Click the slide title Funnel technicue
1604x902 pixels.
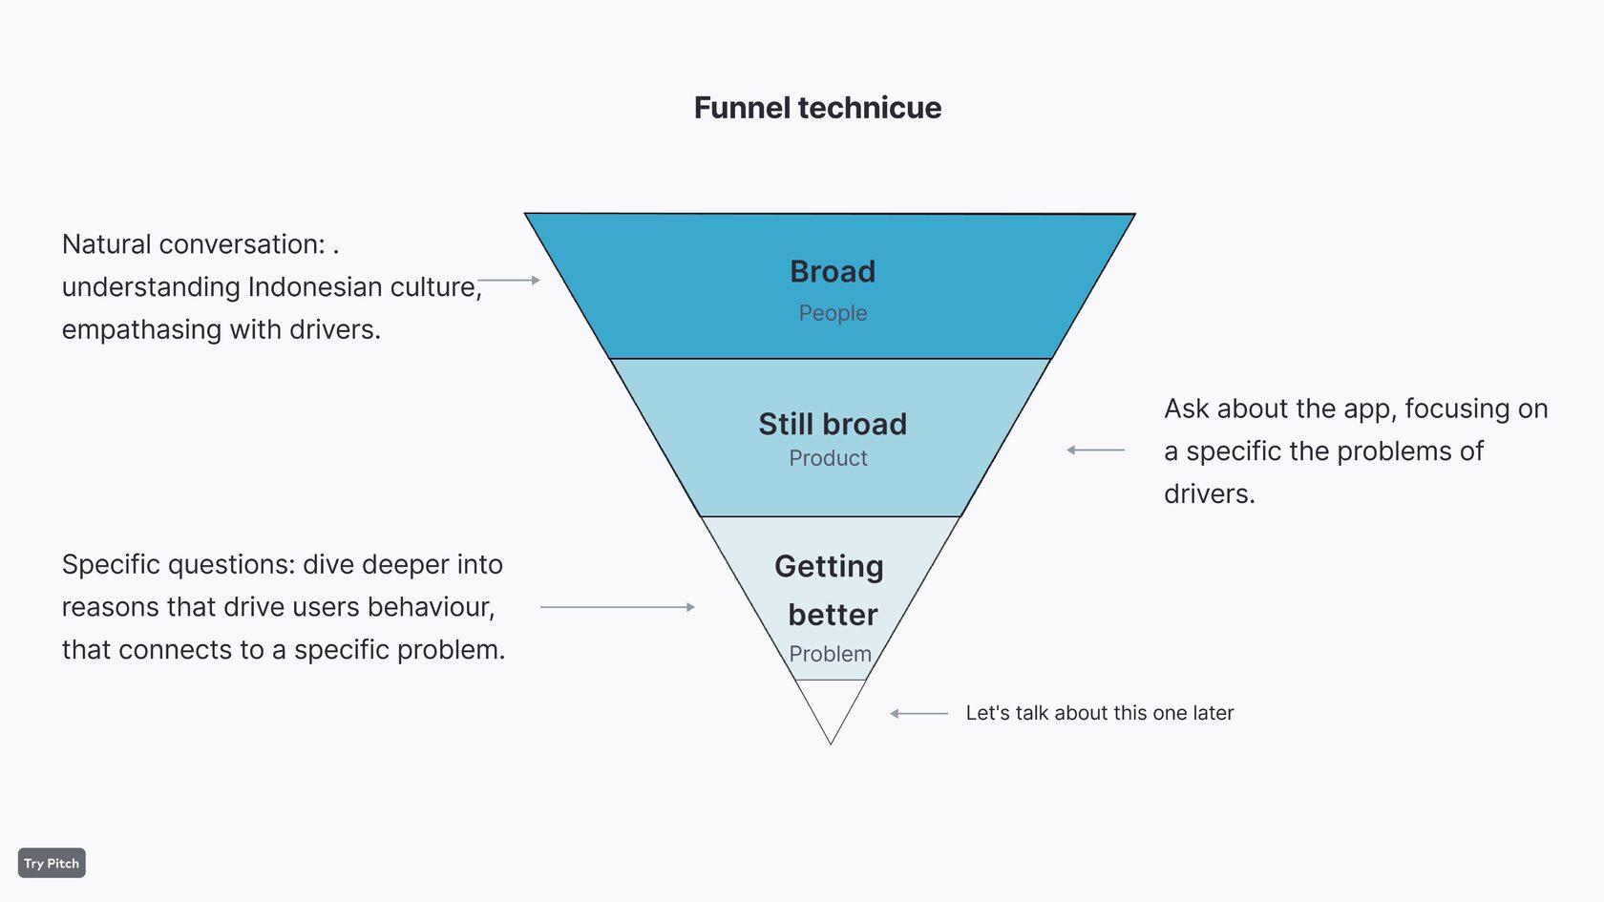click(817, 108)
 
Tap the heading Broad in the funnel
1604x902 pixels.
click(833, 272)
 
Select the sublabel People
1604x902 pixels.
click(833, 313)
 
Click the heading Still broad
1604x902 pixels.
click(833, 424)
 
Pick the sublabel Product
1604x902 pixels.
click(828, 458)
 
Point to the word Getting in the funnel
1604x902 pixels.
click(829, 566)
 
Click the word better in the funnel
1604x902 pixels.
click(833, 615)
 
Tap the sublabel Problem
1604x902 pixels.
click(830, 654)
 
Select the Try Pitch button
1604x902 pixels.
click(52, 863)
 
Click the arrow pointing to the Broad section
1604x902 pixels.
click(509, 281)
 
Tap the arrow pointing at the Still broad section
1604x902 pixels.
click(1095, 450)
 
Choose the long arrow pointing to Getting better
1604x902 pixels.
click(617, 607)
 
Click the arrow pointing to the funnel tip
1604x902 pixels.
click(918, 713)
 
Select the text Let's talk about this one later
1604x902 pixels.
click(1099, 713)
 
